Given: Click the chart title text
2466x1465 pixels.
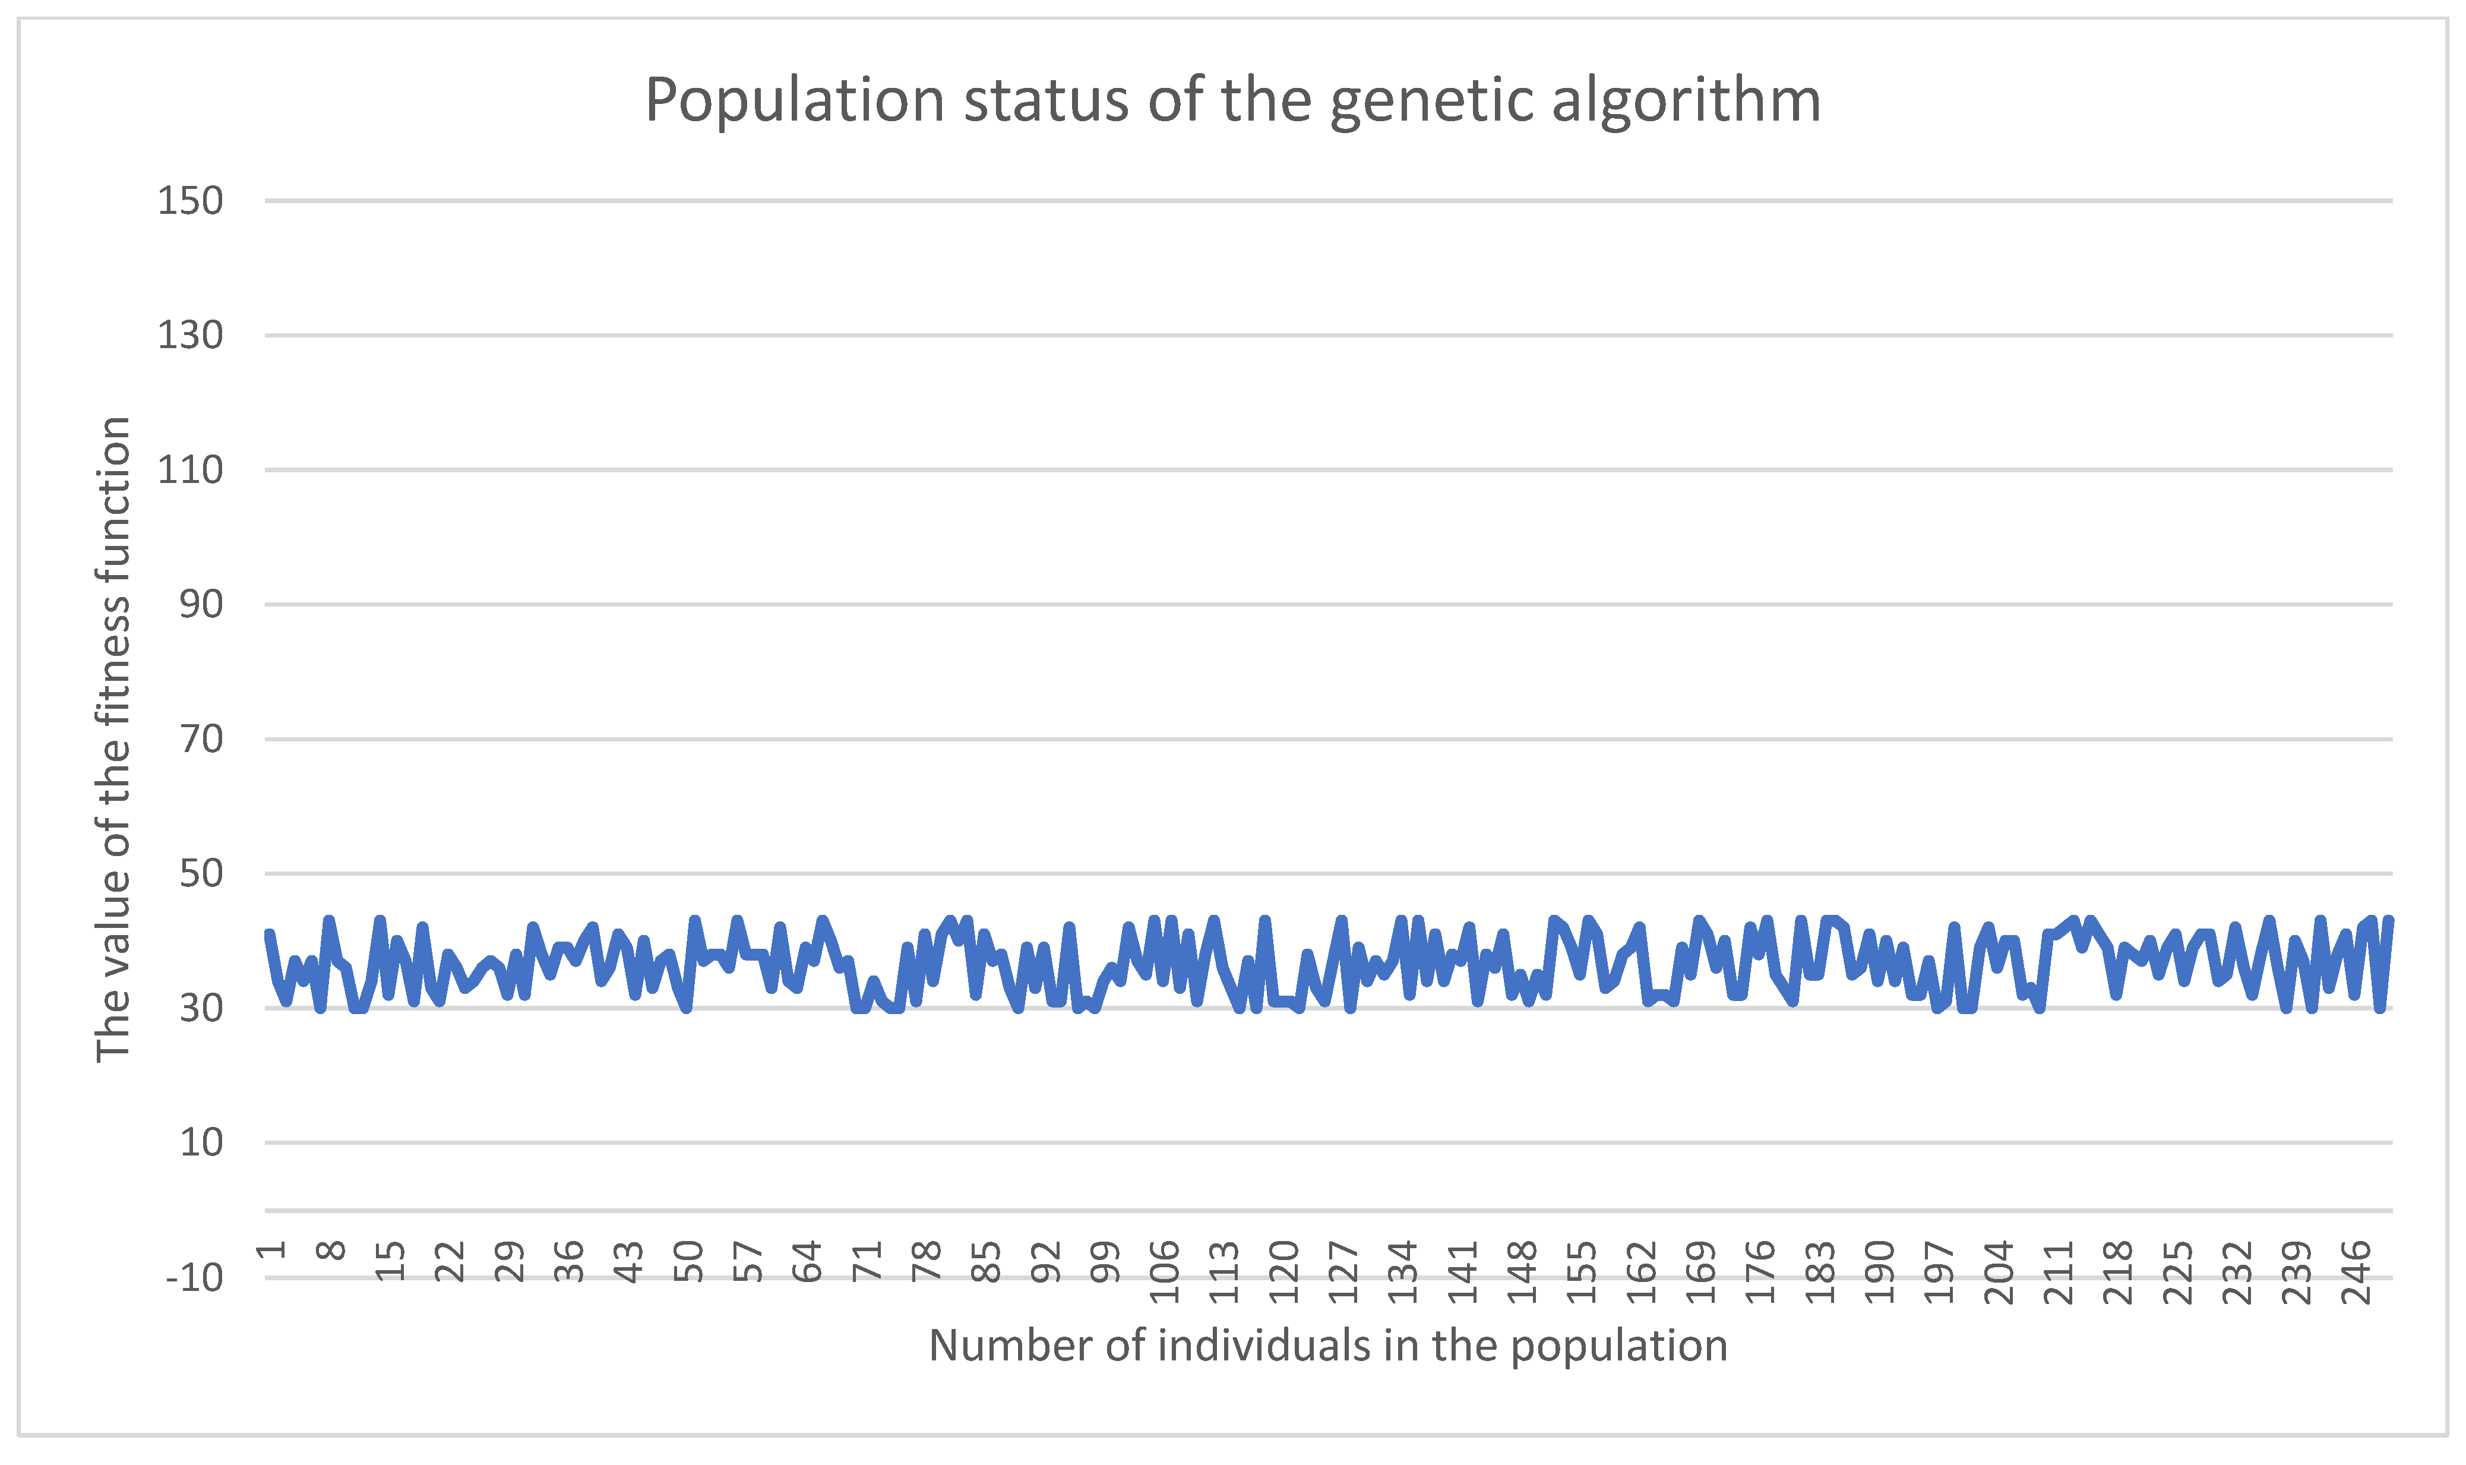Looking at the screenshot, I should [x=1232, y=100].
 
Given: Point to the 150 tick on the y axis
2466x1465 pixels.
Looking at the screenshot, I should [x=191, y=201].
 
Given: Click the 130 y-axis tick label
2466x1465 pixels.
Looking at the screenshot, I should [x=191, y=336].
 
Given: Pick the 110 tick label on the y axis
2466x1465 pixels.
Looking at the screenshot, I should [x=191, y=470].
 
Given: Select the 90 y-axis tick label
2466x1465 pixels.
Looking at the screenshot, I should [x=200, y=604].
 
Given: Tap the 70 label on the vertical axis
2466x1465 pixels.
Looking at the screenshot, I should [x=200, y=738].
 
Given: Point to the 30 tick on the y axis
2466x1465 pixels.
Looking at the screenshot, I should [x=200, y=1008].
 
